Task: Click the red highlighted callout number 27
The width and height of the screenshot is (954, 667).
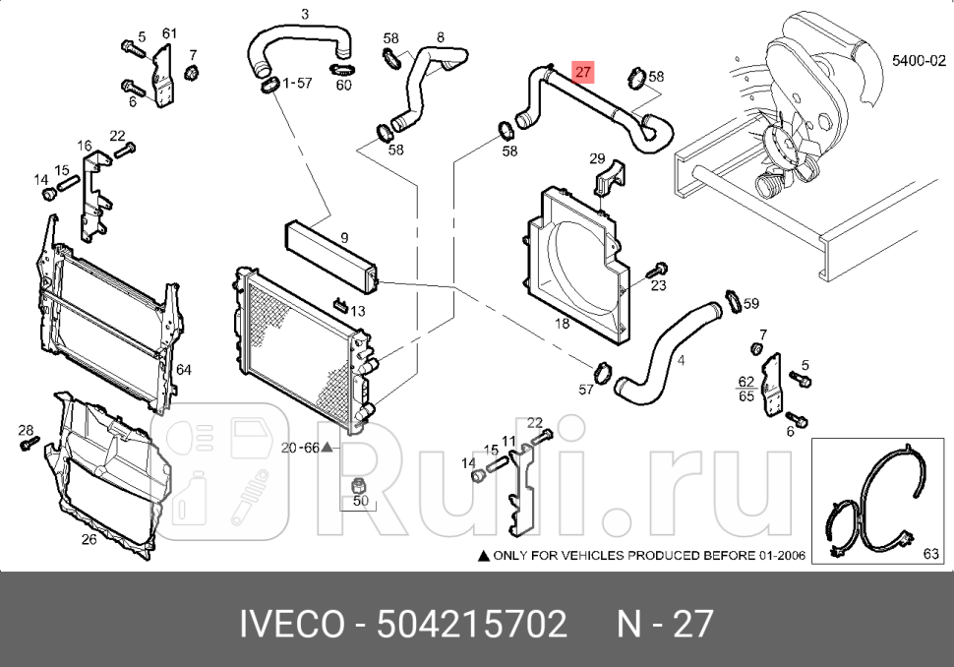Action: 584,71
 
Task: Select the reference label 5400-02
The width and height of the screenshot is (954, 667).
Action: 919,60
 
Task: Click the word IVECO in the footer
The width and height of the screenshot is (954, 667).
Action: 292,624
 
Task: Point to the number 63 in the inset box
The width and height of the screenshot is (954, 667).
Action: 930,555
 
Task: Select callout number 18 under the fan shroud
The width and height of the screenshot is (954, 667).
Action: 562,324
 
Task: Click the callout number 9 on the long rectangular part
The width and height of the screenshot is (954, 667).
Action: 344,237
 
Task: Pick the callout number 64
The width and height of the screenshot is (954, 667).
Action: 183,370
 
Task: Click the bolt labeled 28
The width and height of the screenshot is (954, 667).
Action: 27,445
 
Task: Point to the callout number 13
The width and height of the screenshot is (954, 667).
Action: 357,311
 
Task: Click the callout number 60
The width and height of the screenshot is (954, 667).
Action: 343,86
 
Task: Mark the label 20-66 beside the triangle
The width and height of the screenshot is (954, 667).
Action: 300,448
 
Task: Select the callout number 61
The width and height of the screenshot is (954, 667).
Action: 169,33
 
